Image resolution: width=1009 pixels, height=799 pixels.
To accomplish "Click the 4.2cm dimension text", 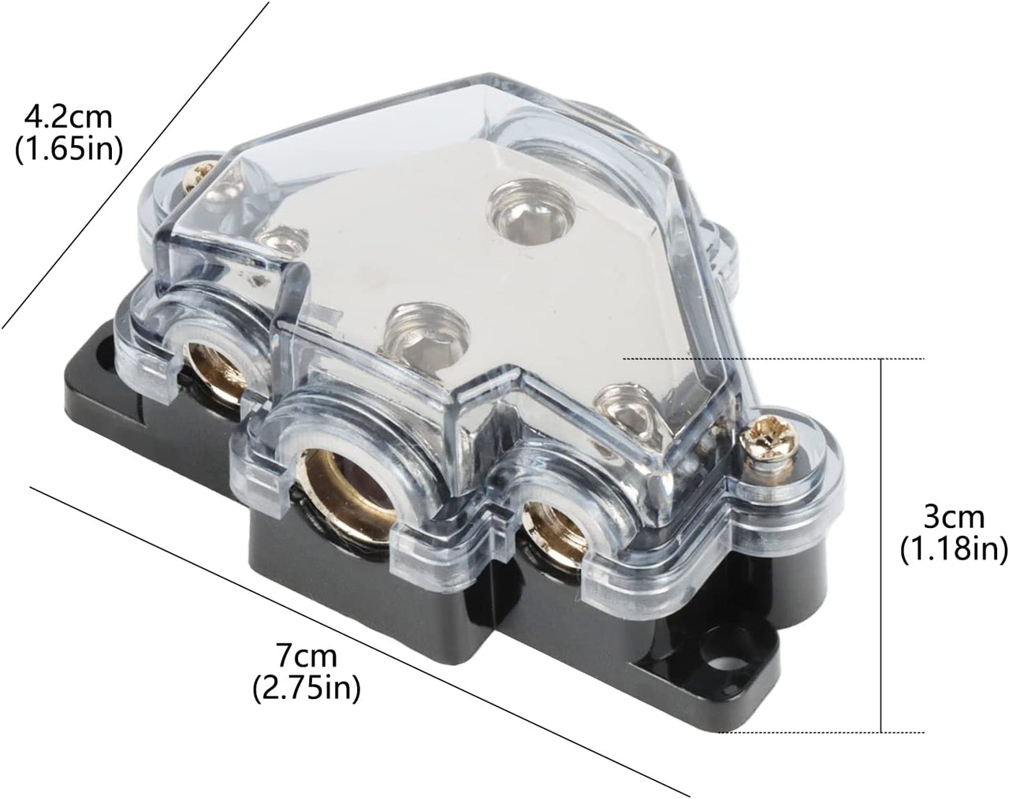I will pyautogui.click(x=69, y=117).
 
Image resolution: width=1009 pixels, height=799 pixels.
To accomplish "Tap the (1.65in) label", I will pyautogui.click(x=69, y=149).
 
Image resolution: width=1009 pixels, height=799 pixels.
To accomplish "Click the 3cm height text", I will pyautogui.click(x=954, y=518).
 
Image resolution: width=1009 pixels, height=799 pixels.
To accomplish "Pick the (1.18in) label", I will pyautogui.click(x=954, y=549).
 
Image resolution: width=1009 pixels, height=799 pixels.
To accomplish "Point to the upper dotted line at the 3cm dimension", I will pyautogui.click(x=773, y=359).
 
